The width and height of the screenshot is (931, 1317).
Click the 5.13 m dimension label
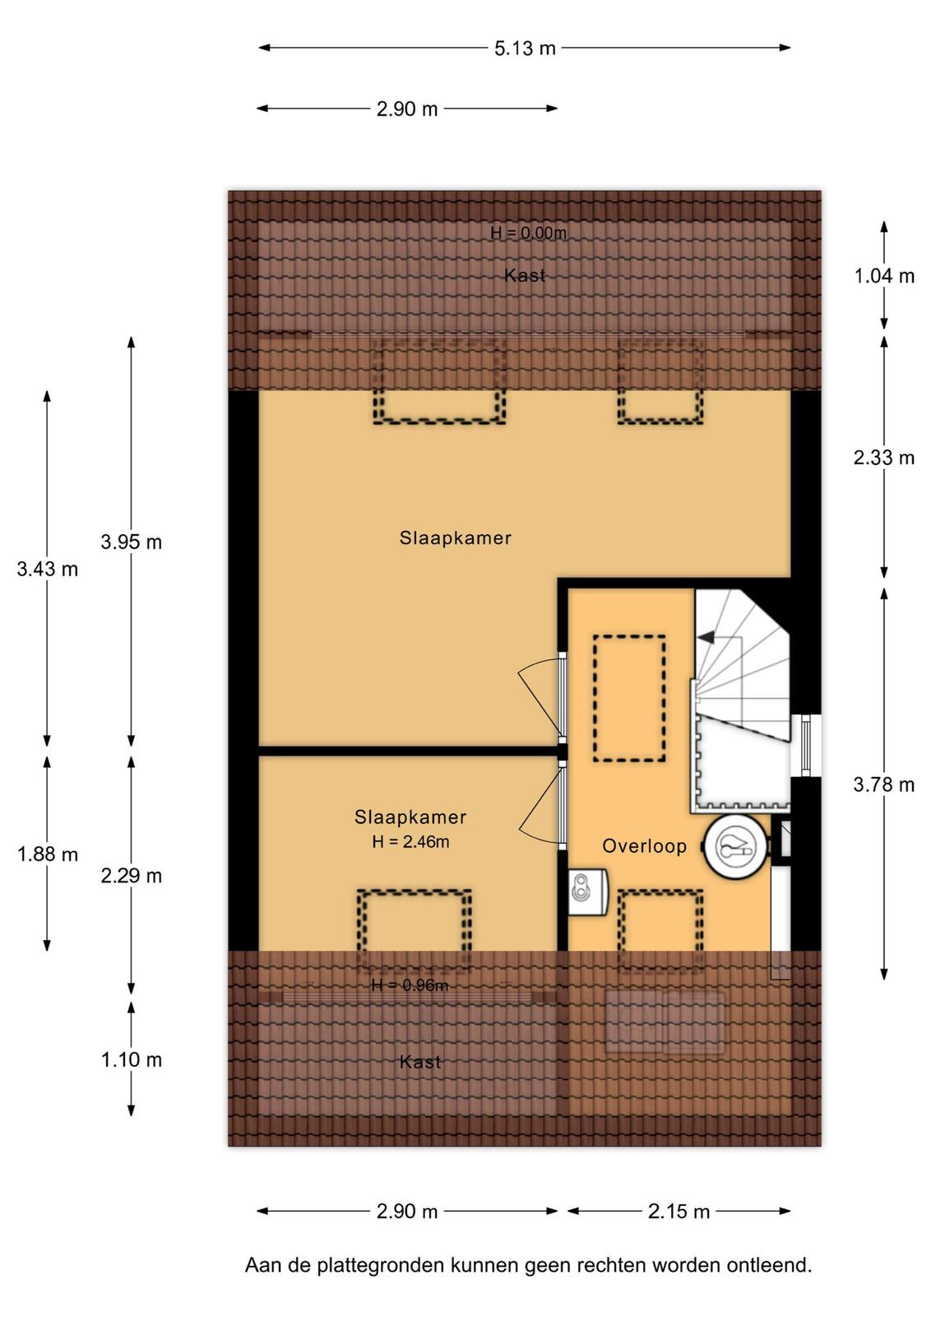coord(525,49)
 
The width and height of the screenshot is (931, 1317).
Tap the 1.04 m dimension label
coord(884,276)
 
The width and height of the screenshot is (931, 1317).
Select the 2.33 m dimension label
coord(884,458)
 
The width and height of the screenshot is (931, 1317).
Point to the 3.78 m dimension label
coord(884,784)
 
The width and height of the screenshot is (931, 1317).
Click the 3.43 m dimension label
coord(48,569)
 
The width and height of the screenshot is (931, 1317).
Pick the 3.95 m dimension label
coord(131,542)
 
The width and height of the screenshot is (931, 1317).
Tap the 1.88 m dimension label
coord(48,854)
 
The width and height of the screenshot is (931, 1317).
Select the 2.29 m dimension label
coord(131,876)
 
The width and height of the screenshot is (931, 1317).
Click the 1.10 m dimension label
coord(131,1059)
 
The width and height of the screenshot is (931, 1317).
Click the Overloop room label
coord(644,846)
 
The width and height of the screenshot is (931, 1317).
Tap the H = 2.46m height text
coord(410,842)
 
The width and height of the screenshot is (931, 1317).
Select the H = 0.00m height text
coord(528,234)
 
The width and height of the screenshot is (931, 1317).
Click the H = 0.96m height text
coord(410,984)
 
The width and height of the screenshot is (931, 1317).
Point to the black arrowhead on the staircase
coord(706,637)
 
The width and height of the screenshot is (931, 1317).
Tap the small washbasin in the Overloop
coord(587,892)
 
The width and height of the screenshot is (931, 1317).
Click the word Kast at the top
coord(525,275)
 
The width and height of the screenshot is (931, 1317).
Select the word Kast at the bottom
coord(420,1062)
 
